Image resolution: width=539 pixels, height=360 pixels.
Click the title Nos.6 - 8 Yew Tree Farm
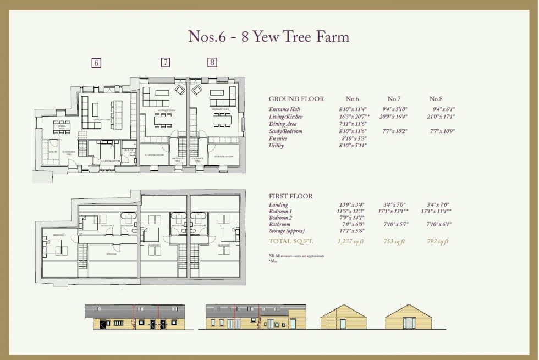pyautogui.click(x=269, y=37)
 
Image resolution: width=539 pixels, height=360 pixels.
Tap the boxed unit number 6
pyautogui.click(x=96, y=63)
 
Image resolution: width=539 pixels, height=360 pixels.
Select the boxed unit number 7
pyautogui.click(x=165, y=62)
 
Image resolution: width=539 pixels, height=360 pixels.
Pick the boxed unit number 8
pyautogui.click(x=212, y=62)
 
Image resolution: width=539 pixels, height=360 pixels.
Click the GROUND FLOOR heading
pyautogui.click(x=296, y=99)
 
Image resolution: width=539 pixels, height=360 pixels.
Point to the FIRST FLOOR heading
pyautogui.click(x=290, y=196)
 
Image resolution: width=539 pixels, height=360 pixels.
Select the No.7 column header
pyautogui.click(x=393, y=99)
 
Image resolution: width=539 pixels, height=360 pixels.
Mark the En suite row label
pyautogui.click(x=278, y=139)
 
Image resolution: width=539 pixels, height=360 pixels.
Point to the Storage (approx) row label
pyautogui.click(x=286, y=231)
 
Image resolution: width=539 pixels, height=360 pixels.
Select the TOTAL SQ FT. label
pyautogui.click(x=290, y=241)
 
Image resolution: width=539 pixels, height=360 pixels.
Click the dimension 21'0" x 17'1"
pyautogui.click(x=441, y=117)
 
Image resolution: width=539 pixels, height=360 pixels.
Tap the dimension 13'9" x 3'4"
pyautogui.click(x=352, y=205)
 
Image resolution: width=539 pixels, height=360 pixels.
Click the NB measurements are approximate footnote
pyautogui.click(x=296, y=256)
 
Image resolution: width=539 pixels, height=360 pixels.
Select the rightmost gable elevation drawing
pyautogui.click(x=408, y=317)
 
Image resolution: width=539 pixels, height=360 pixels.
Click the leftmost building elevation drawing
pyautogui.click(x=135, y=317)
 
